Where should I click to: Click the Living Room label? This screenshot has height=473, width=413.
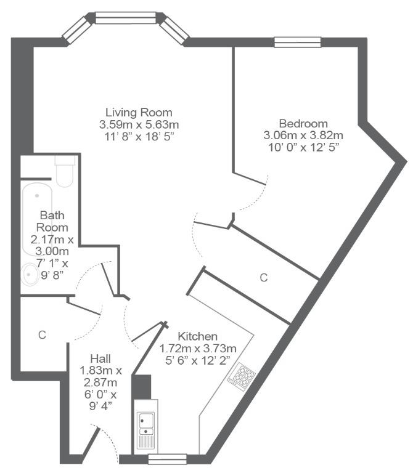[x=139, y=113]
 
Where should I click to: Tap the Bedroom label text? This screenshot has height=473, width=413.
[x=303, y=124]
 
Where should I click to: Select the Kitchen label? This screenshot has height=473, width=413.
[x=197, y=336]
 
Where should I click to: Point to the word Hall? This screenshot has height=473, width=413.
[x=100, y=358]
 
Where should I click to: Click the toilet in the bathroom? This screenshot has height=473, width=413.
[x=65, y=171]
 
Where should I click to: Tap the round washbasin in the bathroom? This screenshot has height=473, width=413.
[x=30, y=275]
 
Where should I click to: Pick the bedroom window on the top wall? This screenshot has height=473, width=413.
[x=297, y=42]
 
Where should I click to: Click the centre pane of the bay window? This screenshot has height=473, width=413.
[x=126, y=18]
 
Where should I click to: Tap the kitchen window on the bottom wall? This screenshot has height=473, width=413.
[x=168, y=459]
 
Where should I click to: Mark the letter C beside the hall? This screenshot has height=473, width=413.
[x=42, y=334]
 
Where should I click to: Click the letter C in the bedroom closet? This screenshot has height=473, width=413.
[x=264, y=278]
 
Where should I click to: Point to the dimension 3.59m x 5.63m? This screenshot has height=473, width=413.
[x=139, y=124]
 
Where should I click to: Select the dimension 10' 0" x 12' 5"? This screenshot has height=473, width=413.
[x=303, y=148]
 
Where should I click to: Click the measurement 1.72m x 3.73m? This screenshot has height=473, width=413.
[x=197, y=349]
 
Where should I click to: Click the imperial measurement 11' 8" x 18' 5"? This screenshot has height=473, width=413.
[x=139, y=137]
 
